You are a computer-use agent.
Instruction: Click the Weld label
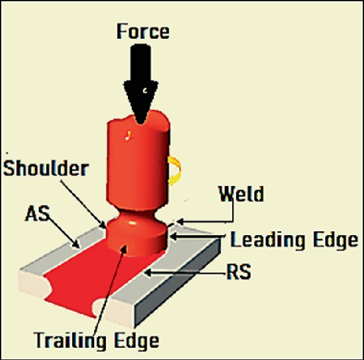pos(241,194)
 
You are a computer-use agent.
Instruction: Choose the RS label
pos(237,271)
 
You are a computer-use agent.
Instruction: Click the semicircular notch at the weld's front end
pos(99,306)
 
